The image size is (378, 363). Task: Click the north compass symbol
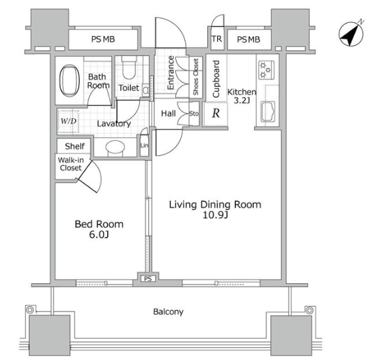351,33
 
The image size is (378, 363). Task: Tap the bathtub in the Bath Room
70,80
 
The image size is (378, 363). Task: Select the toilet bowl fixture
129,68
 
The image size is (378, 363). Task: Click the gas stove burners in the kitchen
266,70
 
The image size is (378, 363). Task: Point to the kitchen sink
268,112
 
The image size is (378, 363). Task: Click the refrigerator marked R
216,114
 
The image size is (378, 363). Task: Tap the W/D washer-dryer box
69,121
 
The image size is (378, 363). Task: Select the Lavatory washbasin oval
115,147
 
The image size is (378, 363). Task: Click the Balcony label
168,311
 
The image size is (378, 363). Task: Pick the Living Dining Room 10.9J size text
215,215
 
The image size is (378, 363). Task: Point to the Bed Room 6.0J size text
99,234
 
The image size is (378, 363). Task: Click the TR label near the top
216,39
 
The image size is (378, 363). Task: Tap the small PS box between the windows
148,279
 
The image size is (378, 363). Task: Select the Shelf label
75,146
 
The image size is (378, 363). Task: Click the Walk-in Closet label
71,164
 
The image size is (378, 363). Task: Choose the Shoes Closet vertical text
196,76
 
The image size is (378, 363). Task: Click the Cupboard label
216,79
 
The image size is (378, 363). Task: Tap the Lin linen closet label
144,145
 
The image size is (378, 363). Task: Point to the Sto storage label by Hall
194,114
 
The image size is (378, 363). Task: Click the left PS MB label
103,39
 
